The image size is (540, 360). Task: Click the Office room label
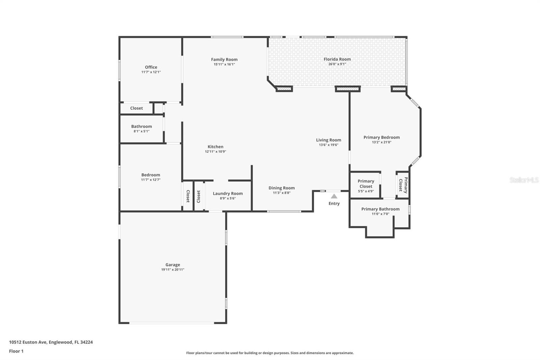[x=151, y=67]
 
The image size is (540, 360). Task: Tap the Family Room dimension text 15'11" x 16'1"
[x=224, y=65]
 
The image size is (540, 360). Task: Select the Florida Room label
[x=337, y=59]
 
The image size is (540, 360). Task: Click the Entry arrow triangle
[x=334, y=196]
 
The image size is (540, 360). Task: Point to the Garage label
[x=172, y=265]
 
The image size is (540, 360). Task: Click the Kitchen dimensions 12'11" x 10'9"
[x=215, y=152]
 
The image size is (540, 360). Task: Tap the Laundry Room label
[x=227, y=194]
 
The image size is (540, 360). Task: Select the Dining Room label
[x=281, y=188]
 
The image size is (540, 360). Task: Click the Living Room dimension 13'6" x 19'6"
[x=328, y=145]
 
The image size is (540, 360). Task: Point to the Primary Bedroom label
[x=381, y=137]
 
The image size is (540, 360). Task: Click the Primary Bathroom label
[x=380, y=209]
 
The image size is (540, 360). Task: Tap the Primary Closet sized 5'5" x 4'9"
[x=366, y=184]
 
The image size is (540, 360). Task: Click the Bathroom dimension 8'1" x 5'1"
[x=141, y=131]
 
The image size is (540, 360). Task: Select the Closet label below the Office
[x=136, y=108]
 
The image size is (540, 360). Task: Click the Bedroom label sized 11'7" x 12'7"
[x=151, y=175]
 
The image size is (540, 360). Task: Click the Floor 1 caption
[x=16, y=351]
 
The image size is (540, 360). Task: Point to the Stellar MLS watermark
[x=524, y=180]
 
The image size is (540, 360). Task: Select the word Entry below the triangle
[x=334, y=204]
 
